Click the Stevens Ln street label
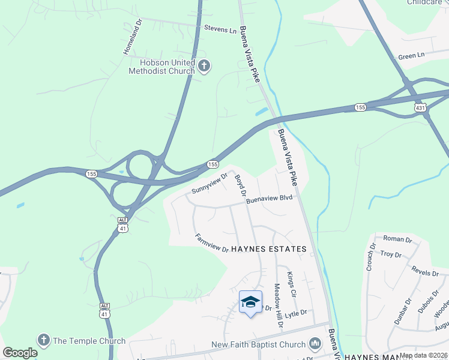[x=220, y=28]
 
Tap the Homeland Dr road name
[x=132, y=37]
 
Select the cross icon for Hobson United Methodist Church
[x=204, y=65]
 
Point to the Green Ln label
[x=411, y=56]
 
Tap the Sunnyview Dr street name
[x=209, y=184]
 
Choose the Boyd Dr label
[x=241, y=185]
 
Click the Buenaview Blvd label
[x=268, y=201]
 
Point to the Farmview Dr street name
[x=212, y=242]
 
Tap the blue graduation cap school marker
[x=250, y=302]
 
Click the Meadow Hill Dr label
[x=277, y=305]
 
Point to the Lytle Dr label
[x=295, y=313]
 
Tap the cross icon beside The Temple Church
[x=43, y=340]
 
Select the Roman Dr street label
[x=398, y=239]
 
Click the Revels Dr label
[x=425, y=272]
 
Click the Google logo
[x=20, y=352]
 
